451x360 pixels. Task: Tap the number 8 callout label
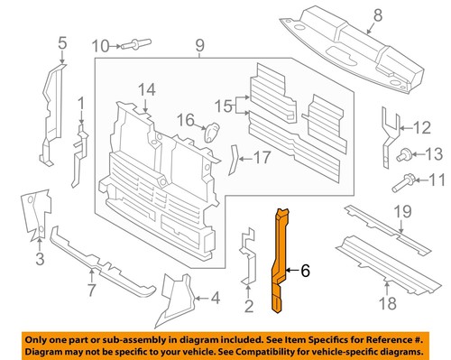[x=378, y=14]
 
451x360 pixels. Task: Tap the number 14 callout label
[x=147, y=89]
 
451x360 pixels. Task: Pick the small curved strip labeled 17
[x=234, y=159]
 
